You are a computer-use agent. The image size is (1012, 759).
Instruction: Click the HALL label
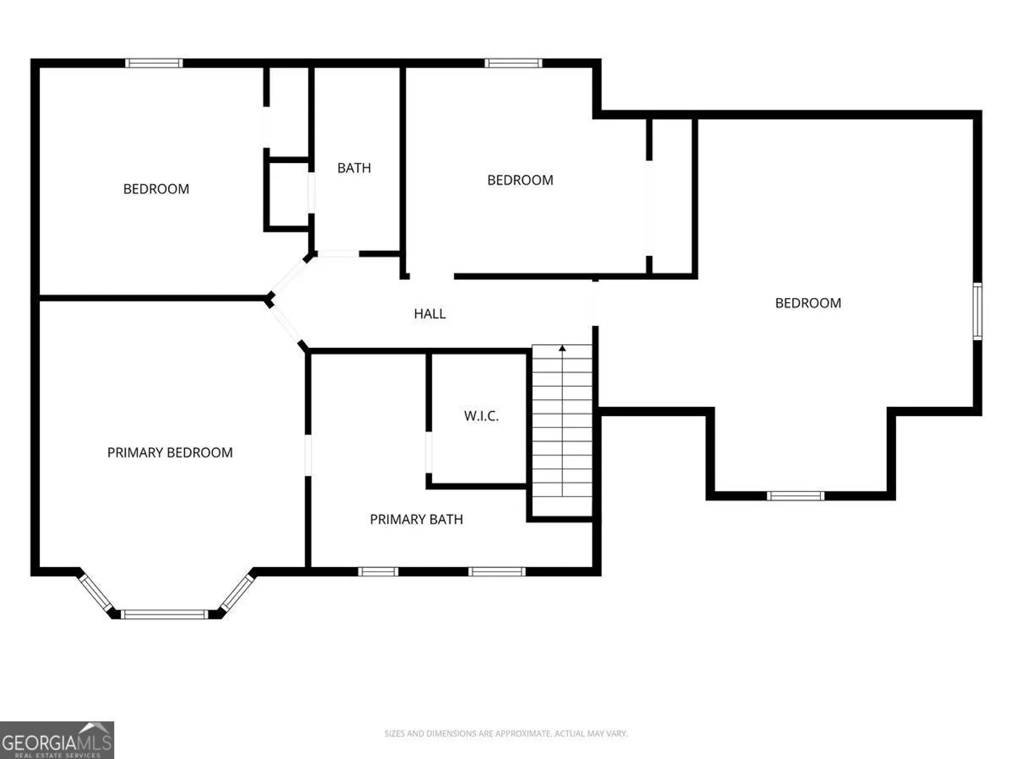(x=429, y=314)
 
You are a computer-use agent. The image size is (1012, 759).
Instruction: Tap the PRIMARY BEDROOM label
(x=169, y=453)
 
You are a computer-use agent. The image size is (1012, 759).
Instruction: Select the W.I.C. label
(x=481, y=416)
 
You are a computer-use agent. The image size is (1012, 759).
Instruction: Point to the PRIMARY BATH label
(x=416, y=519)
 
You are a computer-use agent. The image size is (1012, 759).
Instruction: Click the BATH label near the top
(x=353, y=168)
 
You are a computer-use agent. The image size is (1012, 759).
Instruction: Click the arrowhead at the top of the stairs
(x=562, y=348)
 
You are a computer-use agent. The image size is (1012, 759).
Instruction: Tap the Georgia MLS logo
(x=57, y=740)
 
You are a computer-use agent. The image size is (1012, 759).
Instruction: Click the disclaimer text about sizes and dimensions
(x=506, y=733)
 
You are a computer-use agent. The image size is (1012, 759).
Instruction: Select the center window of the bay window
(x=164, y=614)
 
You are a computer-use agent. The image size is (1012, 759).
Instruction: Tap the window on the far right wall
(x=977, y=311)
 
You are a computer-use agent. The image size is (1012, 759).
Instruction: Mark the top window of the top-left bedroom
(x=154, y=63)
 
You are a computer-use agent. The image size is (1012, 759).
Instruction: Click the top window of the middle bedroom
(x=513, y=63)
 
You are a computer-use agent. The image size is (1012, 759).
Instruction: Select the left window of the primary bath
(x=378, y=571)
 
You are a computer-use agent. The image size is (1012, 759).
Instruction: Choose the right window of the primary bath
(x=497, y=571)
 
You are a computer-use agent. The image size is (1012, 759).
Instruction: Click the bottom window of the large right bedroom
(x=796, y=496)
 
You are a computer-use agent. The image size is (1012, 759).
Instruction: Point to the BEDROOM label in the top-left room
(x=156, y=189)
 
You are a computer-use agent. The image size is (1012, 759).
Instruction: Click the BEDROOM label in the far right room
(x=807, y=303)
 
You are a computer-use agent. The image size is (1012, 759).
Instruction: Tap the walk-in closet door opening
(x=428, y=452)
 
